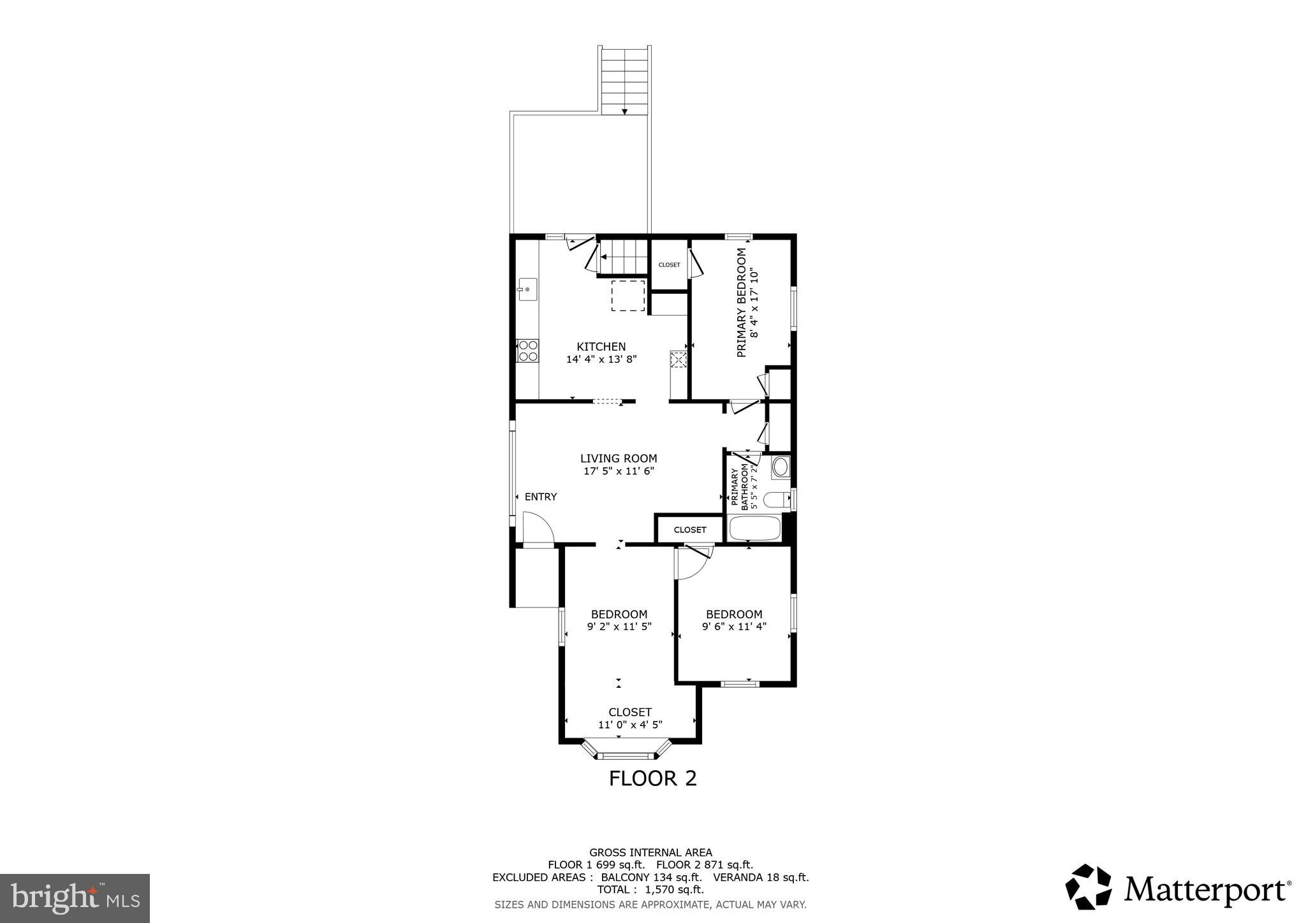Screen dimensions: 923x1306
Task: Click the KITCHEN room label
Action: pyautogui.click(x=601, y=347)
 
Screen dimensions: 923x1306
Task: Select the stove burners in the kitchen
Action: pyautogui.click(x=528, y=351)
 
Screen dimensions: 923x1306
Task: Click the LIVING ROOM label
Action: pyautogui.click(x=618, y=458)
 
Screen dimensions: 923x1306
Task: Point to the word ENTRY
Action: pyautogui.click(x=540, y=497)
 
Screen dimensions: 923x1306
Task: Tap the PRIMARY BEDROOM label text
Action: pyautogui.click(x=741, y=303)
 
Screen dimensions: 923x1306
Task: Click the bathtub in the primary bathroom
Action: pyautogui.click(x=754, y=528)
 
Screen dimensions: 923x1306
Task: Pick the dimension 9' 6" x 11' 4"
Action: pyautogui.click(x=734, y=627)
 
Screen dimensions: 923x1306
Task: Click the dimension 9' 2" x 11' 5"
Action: pyautogui.click(x=619, y=627)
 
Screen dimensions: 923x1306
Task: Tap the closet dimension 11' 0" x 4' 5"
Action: pyautogui.click(x=629, y=724)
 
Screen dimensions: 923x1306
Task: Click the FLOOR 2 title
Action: pyautogui.click(x=652, y=778)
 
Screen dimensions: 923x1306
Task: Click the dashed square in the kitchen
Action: pyautogui.click(x=627, y=296)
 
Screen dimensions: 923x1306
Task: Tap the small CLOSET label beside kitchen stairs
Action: pyautogui.click(x=669, y=265)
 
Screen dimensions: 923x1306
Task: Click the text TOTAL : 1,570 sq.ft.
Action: pyautogui.click(x=650, y=890)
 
